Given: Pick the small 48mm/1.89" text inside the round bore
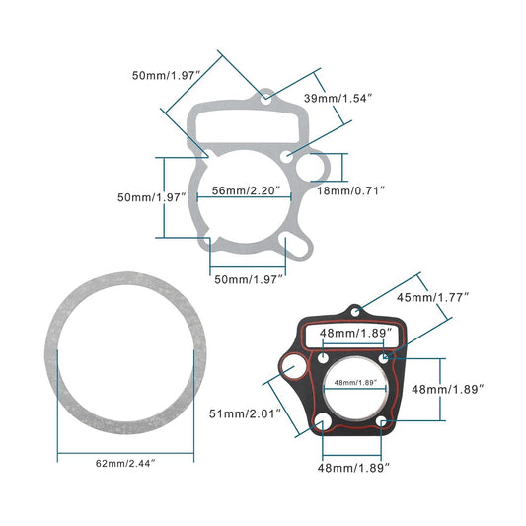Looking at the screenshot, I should (356, 383).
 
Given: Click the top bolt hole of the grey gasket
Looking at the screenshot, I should (266, 97).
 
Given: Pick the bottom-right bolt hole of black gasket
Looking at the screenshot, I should (383, 423).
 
